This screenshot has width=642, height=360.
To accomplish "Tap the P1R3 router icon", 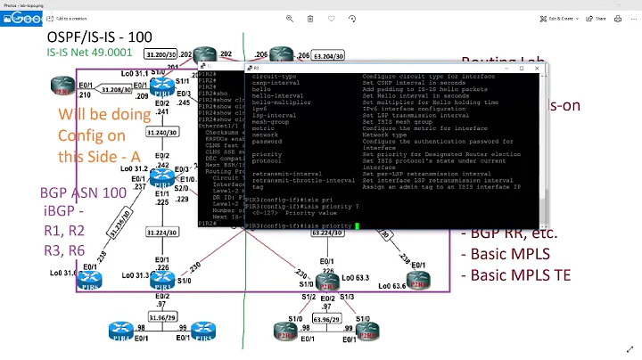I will click(161, 176).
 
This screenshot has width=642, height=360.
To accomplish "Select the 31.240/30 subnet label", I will click(161, 132).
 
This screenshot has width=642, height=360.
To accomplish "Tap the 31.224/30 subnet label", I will click(161, 231).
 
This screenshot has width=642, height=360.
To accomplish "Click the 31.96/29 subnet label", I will click(161, 317).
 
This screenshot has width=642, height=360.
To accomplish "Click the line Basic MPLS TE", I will click(521, 274).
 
